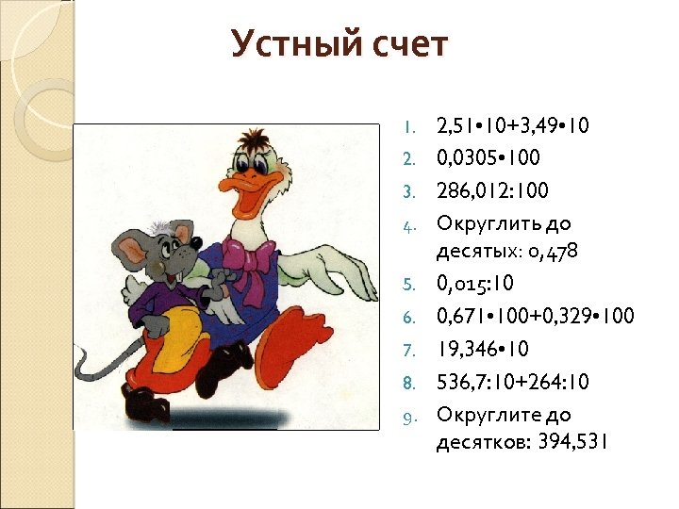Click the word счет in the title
click(x=406, y=43)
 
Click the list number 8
click(x=408, y=383)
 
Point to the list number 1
click(x=408, y=126)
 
